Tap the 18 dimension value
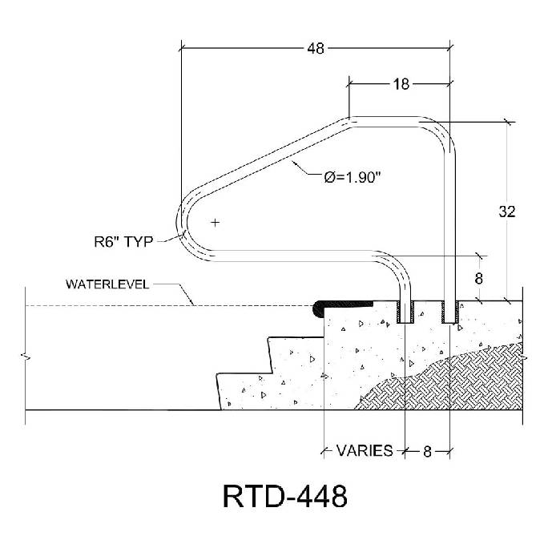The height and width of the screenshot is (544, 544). coord(402,83)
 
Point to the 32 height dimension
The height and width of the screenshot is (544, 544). coord(506,212)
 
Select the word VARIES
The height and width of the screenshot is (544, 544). coord(364,451)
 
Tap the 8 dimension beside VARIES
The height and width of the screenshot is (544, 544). coord(427,451)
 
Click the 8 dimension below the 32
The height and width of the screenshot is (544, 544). coord(480,279)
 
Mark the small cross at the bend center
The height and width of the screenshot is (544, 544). coord(215,221)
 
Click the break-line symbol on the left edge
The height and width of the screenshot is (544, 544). coord(27,355)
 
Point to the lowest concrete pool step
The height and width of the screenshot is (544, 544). coord(240,393)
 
